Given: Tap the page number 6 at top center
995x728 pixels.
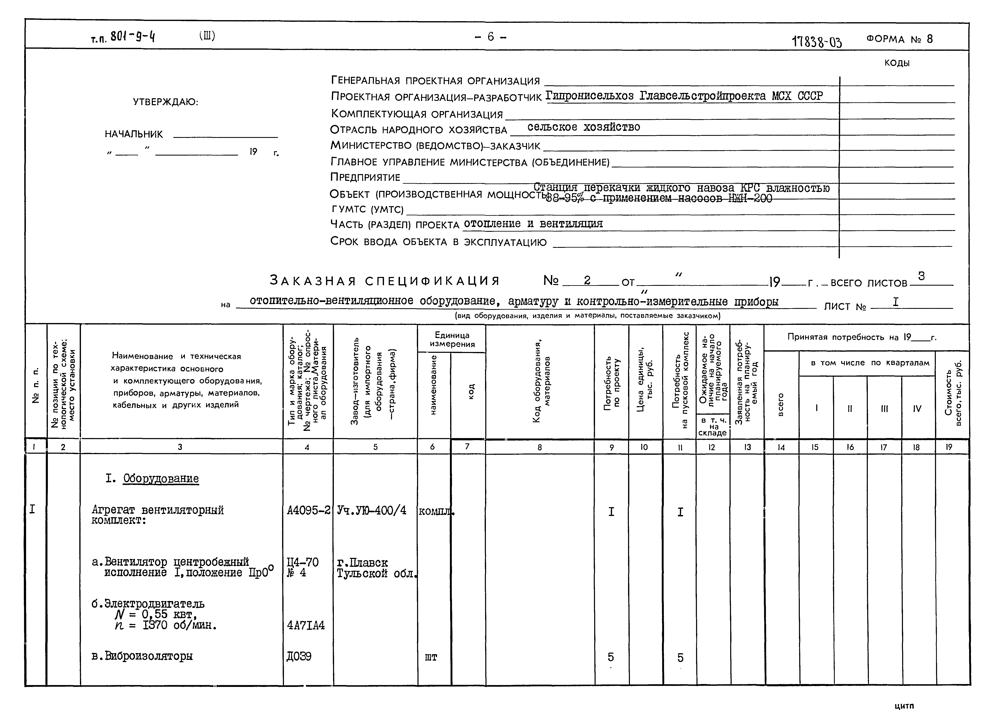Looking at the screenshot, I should (490, 37).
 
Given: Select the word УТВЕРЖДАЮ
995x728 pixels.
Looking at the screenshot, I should (166, 102).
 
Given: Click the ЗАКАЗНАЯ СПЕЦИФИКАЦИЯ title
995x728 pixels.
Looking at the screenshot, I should (385, 281).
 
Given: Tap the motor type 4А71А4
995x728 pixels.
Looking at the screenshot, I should (306, 625).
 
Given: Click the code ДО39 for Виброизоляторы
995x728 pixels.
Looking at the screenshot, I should (299, 657).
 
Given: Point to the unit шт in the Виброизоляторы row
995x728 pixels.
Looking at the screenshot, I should (431, 658).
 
